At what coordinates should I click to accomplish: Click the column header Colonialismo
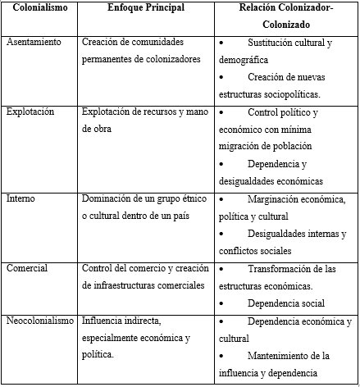point(39,8)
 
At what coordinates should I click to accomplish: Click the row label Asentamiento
point(32,42)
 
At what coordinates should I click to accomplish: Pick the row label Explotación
point(30,111)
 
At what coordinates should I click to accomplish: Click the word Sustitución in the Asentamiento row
point(271,42)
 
